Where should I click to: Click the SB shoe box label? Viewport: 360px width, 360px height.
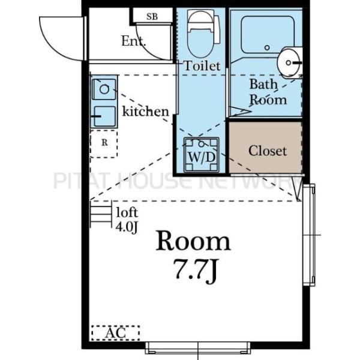point(152,17)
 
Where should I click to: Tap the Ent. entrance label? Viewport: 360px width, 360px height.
point(133,41)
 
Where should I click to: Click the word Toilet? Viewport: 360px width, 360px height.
point(202,66)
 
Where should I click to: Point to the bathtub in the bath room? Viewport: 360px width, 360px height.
point(268,35)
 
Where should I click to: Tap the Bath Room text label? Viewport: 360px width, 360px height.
point(268,92)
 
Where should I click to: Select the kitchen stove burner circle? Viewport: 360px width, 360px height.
point(104,89)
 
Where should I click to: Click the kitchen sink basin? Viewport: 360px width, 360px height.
point(104,116)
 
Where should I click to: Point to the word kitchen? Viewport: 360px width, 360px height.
point(145,111)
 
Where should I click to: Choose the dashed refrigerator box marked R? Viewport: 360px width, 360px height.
point(104,144)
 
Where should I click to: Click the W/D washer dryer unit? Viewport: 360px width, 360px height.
point(202,155)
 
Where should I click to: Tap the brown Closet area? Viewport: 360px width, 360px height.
point(265,148)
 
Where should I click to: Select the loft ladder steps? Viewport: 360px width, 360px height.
point(101,214)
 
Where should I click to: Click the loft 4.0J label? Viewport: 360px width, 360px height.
point(127,220)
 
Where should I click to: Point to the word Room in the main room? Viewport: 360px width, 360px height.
point(193,242)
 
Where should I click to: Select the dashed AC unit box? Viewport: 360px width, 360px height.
point(115,332)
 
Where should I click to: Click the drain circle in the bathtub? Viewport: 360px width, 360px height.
point(267,48)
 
